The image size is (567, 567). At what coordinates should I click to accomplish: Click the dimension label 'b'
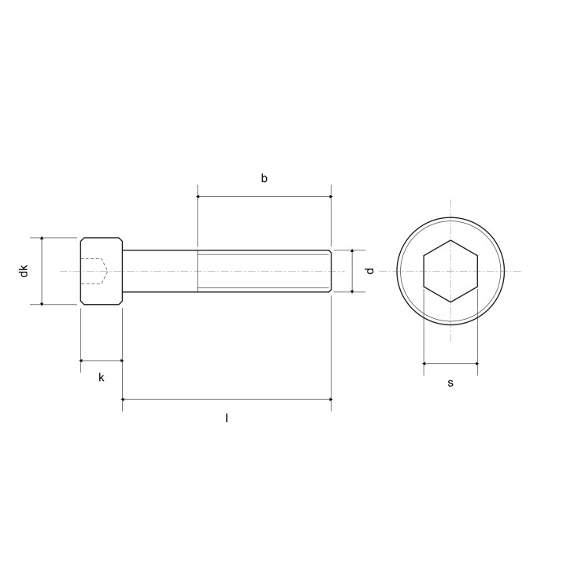tap(265, 178)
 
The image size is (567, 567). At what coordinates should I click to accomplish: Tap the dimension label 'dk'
tap(24, 271)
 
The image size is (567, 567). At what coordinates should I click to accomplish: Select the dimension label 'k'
tap(102, 377)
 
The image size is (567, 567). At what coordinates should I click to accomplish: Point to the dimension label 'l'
tap(227, 418)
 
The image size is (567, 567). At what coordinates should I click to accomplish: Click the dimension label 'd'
tap(369, 271)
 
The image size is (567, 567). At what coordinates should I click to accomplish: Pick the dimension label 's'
tap(450, 383)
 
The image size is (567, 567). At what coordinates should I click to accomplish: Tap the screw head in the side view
tap(102, 271)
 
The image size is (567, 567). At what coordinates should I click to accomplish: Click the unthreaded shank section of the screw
tap(160, 271)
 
